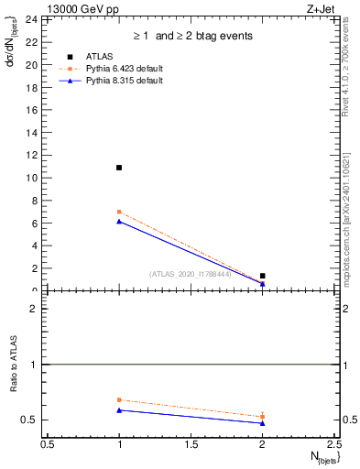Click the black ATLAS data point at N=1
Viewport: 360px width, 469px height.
(119, 168)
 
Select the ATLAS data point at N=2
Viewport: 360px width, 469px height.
(262, 276)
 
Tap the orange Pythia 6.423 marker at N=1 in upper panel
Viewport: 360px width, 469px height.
(119, 212)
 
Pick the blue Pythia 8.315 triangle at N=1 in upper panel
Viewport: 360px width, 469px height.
(119, 221)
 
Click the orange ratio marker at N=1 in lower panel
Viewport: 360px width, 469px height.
(119, 399)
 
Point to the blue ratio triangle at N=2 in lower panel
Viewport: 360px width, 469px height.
(262, 423)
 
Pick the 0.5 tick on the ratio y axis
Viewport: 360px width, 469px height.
(32, 420)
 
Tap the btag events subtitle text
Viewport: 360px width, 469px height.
(192, 37)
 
